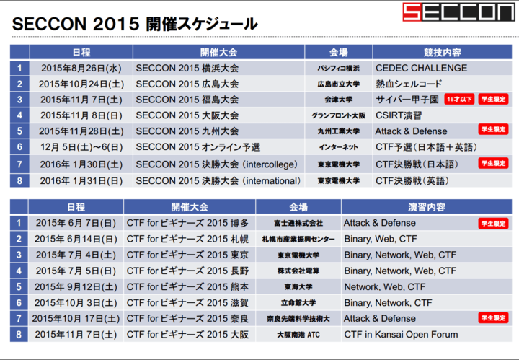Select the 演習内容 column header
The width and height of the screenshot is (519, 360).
427,207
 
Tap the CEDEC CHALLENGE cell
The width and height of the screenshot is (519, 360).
421,69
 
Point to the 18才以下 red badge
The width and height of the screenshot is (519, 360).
459,100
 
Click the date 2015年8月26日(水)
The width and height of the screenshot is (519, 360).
81,69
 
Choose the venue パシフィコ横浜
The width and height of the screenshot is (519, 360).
338,69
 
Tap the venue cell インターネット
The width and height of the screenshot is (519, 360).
338,147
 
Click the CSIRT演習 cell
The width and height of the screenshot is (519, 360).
399,115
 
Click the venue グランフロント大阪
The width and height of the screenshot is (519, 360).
338,115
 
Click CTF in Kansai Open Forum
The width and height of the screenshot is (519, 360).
401,334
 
